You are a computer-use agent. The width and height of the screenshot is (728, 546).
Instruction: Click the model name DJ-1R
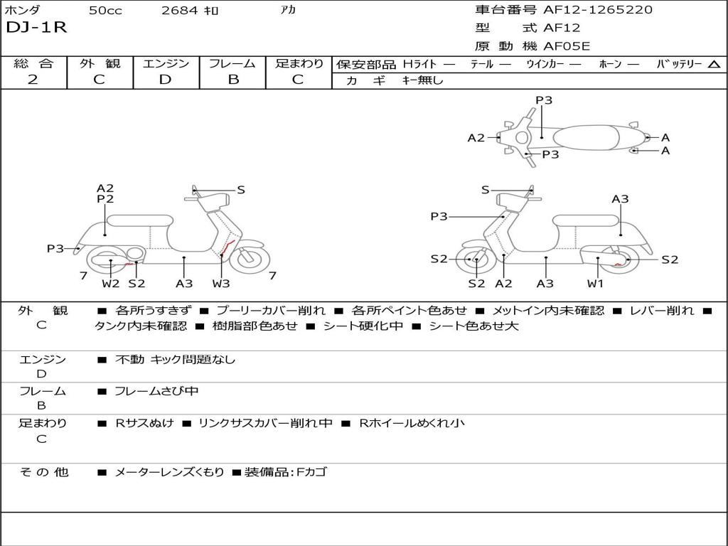tap(36, 28)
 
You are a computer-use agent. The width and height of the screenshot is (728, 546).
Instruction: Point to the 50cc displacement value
tap(105, 11)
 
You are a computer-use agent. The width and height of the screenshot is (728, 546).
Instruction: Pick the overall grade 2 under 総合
tap(33, 80)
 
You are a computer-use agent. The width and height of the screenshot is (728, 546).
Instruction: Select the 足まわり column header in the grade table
tap(299, 64)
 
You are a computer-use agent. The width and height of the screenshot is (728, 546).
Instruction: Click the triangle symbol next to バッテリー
tap(714, 65)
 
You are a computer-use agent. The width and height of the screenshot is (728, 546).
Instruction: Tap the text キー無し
tap(422, 80)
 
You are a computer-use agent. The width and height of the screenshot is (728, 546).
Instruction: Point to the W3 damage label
tap(221, 284)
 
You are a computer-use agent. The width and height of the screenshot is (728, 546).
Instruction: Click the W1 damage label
tap(595, 284)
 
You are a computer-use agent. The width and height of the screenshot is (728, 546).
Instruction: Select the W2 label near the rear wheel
tap(110, 284)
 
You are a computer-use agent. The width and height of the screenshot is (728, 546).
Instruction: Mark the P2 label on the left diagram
tap(105, 200)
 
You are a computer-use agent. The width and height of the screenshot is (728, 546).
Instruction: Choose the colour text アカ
tap(288, 10)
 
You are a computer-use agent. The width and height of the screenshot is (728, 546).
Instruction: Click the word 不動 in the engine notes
tap(129, 360)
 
